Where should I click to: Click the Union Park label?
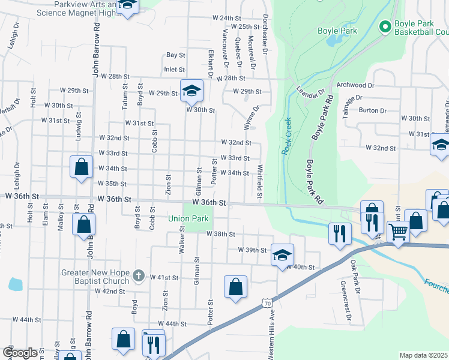click(x=188, y=218)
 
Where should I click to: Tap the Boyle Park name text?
click(x=337, y=31)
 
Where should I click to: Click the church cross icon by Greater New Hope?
click(x=138, y=276)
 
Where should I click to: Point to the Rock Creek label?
click(x=287, y=136)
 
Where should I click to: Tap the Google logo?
click(x=20, y=353)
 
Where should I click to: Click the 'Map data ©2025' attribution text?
click(x=424, y=355)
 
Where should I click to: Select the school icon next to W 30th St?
click(x=191, y=91)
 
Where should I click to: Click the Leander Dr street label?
click(x=310, y=95)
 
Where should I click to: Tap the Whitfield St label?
click(x=260, y=182)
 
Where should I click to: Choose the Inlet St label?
click(x=174, y=70)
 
